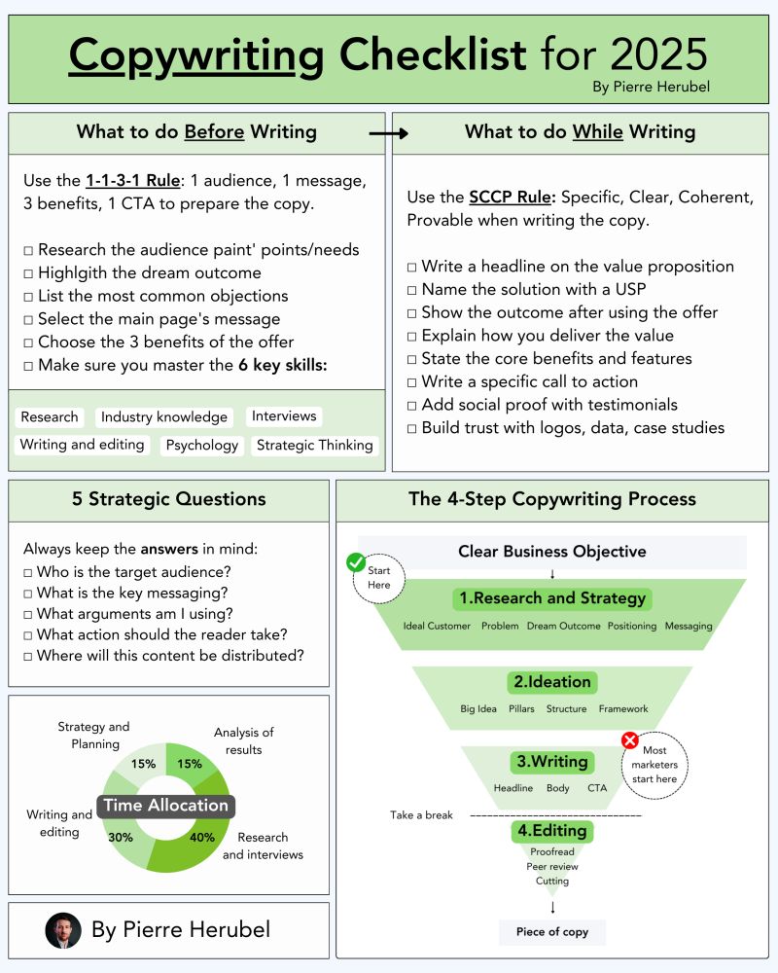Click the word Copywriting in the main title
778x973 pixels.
[x=196, y=55]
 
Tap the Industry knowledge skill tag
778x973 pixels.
[x=164, y=417]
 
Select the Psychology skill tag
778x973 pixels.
[x=202, y=445]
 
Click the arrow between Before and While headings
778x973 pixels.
[x=388, y=133]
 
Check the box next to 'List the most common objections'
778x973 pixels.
[x=29, y=296]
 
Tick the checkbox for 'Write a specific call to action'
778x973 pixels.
[x=412, y=381]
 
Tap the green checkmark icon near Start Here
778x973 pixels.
[x=356, y=562]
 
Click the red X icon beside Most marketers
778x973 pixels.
[x=629, y=741]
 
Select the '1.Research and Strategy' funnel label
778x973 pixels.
[x=551, y=598]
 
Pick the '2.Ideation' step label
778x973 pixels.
[x=552, y=682]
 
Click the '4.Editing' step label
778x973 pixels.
[x=552, y=832]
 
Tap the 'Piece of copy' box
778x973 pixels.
[x=552, y=931]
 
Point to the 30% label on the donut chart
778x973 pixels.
[x=122, y=836]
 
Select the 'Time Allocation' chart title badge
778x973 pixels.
[x=165, y=806]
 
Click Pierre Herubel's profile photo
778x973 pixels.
[x=63, y=930]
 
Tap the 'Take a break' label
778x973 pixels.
[x=422, y=814]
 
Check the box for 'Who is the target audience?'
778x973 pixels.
[x=28, y=572]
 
